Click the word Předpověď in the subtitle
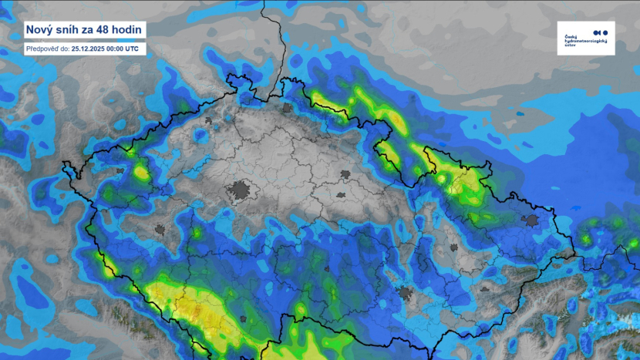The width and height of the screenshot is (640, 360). [45, 48]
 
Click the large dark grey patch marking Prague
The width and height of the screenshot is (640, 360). [241, 190]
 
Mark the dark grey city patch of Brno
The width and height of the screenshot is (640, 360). [404, 293]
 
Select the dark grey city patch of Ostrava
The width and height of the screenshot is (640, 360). [531, 221]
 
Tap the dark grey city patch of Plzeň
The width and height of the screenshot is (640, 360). [160, 229]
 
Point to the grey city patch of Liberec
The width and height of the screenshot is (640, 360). [288, 109]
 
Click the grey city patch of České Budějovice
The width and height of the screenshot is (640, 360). [244, 317]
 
